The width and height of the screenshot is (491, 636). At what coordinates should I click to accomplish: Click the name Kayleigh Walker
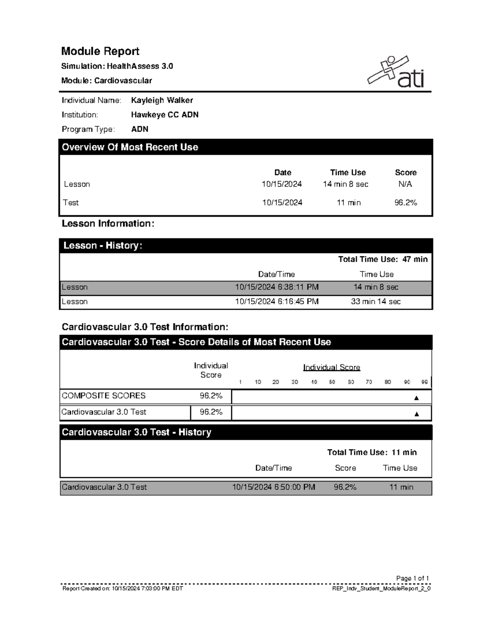tap(162, 100)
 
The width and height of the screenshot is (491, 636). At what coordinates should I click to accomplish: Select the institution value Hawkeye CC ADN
tap(164, 115)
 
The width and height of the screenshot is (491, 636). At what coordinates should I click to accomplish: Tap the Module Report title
tap(100, 51)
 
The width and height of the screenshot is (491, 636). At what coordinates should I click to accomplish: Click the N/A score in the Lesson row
tap(405, 184)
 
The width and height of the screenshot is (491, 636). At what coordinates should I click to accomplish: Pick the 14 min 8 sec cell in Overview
tap(345, 184)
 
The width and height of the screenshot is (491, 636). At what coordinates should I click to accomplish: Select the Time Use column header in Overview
tap(348, 172)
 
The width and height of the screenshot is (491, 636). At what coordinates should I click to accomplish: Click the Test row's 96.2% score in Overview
tap(405, 203)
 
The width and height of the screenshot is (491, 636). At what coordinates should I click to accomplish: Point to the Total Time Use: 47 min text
tap(383, 259)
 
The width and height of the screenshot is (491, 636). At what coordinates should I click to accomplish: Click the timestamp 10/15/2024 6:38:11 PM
tap(277, 287)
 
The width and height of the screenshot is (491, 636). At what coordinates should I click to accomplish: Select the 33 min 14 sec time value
tap(376, 302)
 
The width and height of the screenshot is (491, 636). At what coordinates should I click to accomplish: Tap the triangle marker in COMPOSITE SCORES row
tap(417, 398)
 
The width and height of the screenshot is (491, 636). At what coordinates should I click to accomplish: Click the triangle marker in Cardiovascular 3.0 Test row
tap(417, 414)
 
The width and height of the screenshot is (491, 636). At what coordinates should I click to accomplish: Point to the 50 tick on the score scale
tap(332, 382)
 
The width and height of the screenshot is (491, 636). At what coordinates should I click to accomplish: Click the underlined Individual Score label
tap(331, 367)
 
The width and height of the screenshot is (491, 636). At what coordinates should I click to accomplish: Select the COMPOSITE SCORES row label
tap(104, 396)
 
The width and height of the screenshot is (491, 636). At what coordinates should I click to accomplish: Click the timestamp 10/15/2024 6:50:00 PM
tap(274, 487)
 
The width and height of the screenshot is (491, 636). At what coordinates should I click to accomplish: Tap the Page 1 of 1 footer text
tap(412, 578)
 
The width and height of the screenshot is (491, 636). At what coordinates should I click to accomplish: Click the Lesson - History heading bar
tap(245, 246)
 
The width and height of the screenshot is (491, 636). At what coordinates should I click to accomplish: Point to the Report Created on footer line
tap(122, 588)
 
